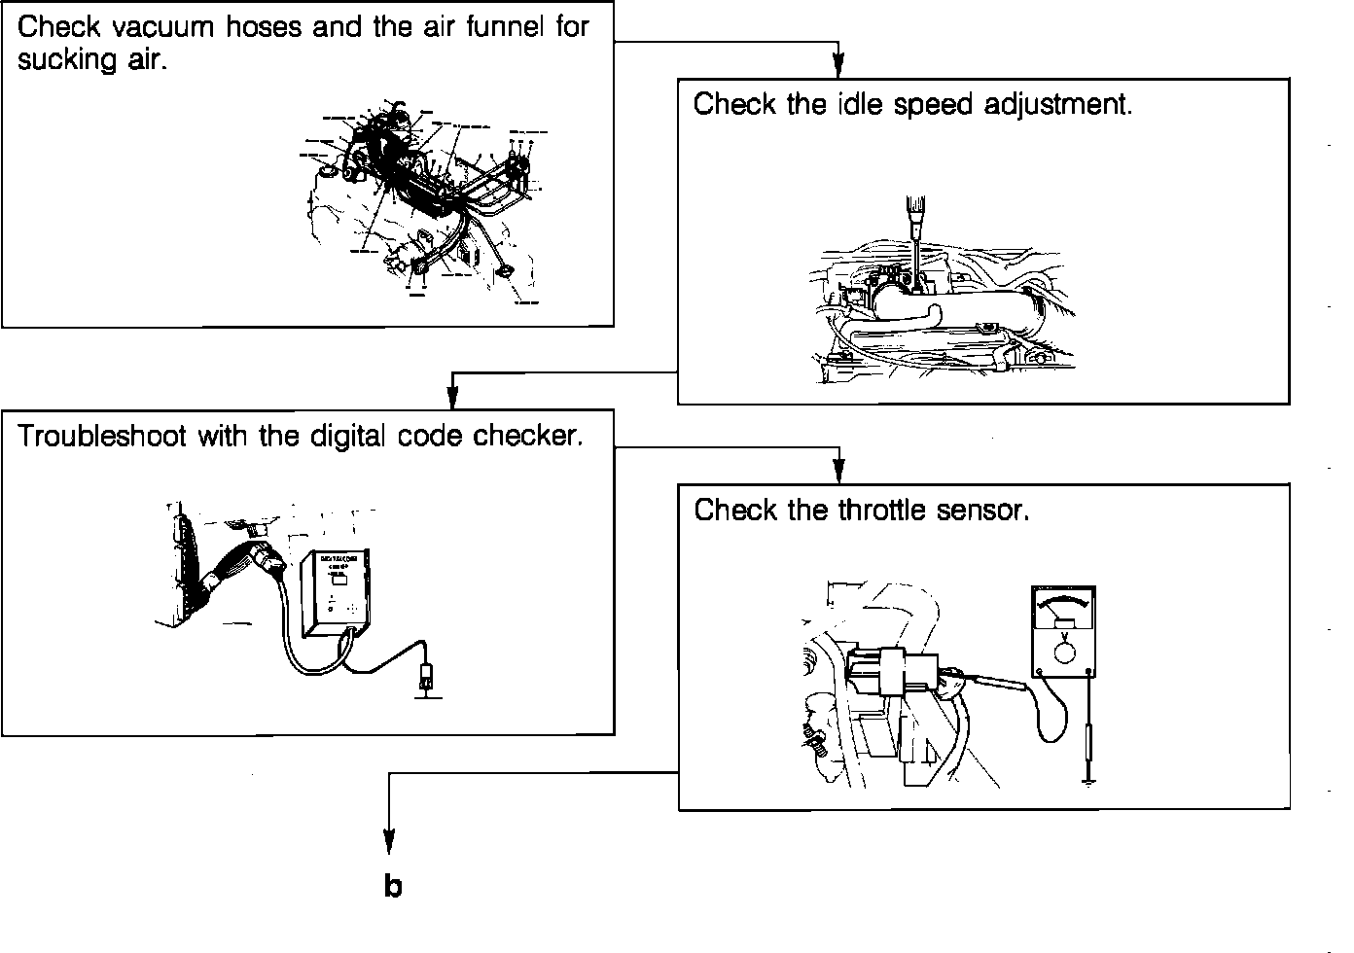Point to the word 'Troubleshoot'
coord(102,436)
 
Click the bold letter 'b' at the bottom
coord(392,886)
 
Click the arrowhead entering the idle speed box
coord(838,66)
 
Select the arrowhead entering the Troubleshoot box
coord(452,398)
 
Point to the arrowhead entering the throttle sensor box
coord(838,472)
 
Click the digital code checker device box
coord(337,595)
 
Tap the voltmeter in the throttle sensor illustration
coord(1064,629)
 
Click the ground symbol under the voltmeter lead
coord(1089,778)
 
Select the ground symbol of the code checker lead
coord(425,692)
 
